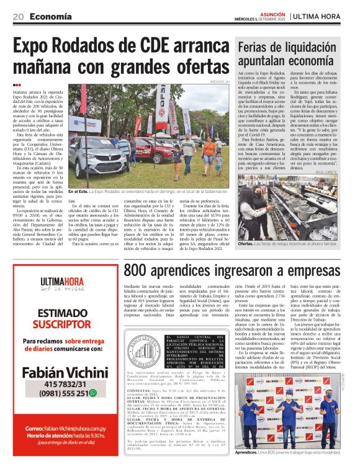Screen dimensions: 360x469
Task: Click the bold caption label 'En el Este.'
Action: click(80, 192)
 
